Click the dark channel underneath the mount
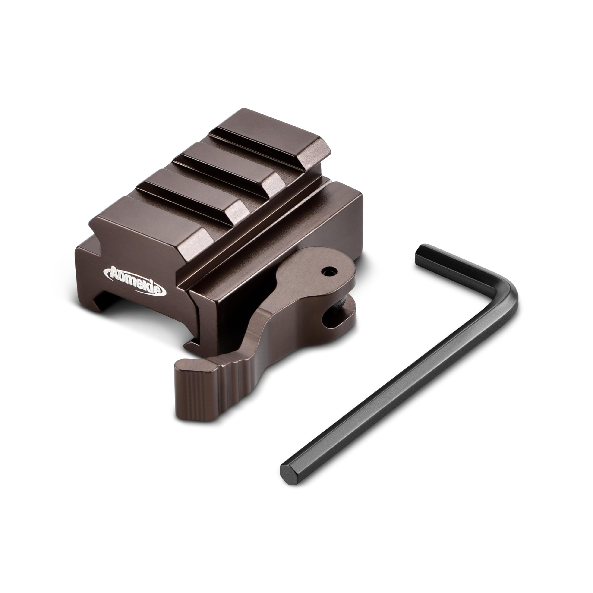click(x=144, y=316)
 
